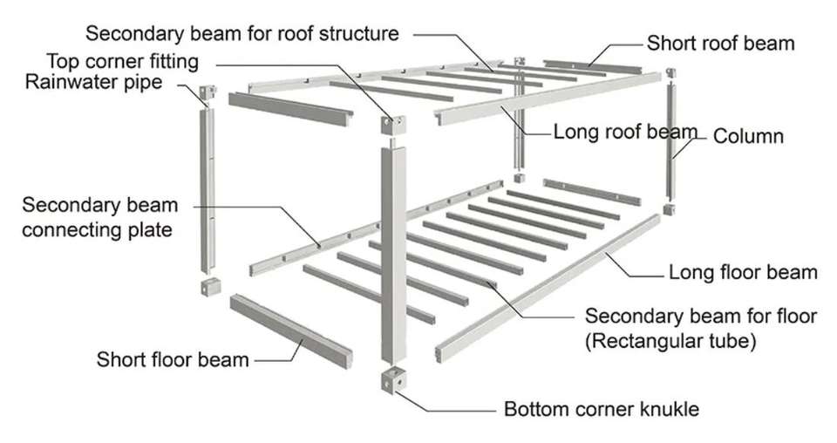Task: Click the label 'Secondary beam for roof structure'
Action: [x=242, y=34]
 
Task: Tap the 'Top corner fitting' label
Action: [x=121, y=62]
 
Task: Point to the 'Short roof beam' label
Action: [x=719, y=43]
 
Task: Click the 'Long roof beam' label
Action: [x=626, y=133]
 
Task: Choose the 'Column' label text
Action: [x=749, y=136]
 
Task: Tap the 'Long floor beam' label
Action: [x=743, y=272]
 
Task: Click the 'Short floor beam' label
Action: [x=173, y=359]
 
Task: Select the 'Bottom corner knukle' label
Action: [x=602, y=408]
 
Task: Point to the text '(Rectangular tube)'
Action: [x=670, y=339]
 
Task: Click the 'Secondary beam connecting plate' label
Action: [x=99, y=218]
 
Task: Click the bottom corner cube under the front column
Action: [x=395, y=381]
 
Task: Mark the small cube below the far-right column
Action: [x=668, y=209]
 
